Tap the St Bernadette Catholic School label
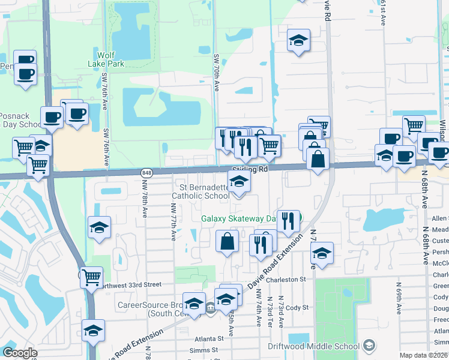tap(200, 191)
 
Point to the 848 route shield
tap(146, 173)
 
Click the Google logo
tap(20, 353)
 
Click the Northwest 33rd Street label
tap(132, 284)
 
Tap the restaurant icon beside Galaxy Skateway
tap(289, 221)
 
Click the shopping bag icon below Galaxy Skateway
tap(228, 241)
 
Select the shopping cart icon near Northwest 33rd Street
tap(91, 277)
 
